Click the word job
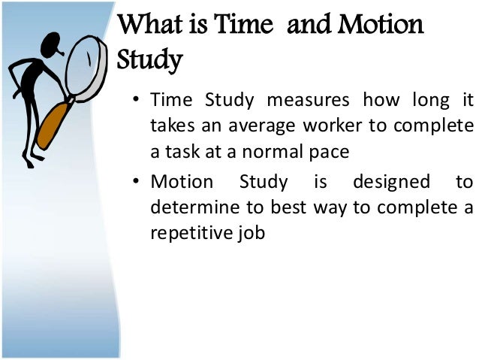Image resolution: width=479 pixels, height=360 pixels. click(x=252, y=231)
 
